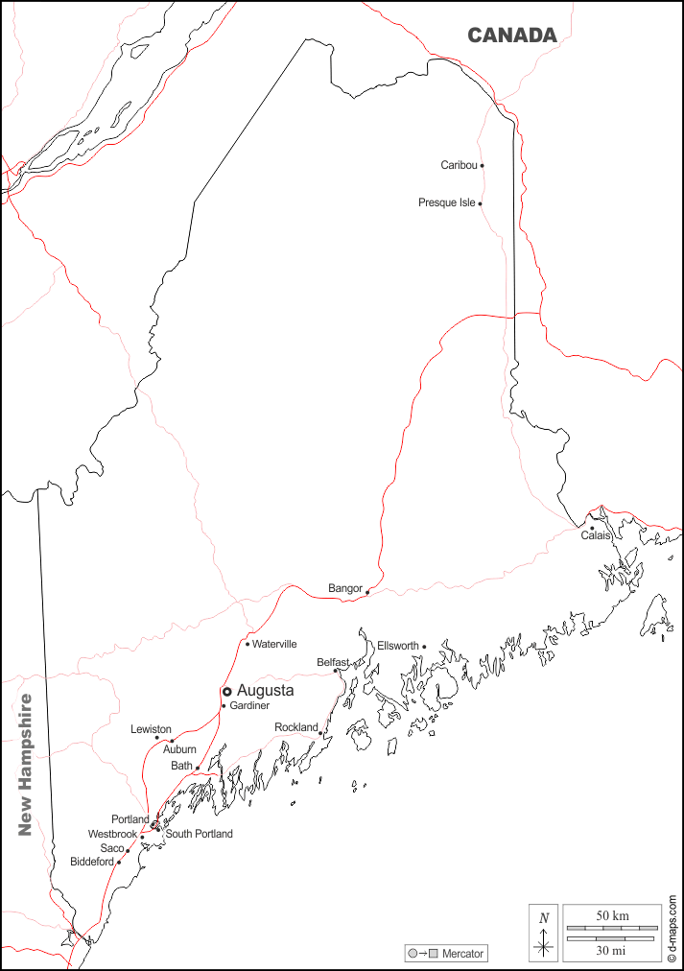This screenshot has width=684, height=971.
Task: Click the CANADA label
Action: click(511, 36)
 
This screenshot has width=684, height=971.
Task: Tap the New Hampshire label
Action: click(26, 764)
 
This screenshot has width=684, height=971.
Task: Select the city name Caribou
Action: click(459, 165)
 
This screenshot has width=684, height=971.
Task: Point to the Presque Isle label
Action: click(446, 203)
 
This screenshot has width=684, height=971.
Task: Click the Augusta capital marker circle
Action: click(227, 691)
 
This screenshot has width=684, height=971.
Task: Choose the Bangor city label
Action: click(344, 588)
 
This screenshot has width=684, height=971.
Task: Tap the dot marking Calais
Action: click(592, 528)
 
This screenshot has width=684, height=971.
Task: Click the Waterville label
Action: click(274, 644)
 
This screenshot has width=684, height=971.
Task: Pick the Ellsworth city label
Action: click(397, 646)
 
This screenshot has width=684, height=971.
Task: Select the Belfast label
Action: click(333, 662)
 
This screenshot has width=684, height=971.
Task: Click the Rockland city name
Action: click(295, 727)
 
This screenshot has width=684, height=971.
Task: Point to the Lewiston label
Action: click(151, 729)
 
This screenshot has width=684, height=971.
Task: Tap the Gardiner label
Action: click(249, 706)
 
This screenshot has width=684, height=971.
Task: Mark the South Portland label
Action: click(199, 834)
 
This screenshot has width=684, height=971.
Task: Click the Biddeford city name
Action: click(92, 862)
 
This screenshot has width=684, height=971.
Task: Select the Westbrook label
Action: click(112, 835)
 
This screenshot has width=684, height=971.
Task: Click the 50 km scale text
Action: click(612, 916)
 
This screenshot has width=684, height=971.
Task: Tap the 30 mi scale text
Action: click(612, 950)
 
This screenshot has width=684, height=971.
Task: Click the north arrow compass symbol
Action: click(544, 933)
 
